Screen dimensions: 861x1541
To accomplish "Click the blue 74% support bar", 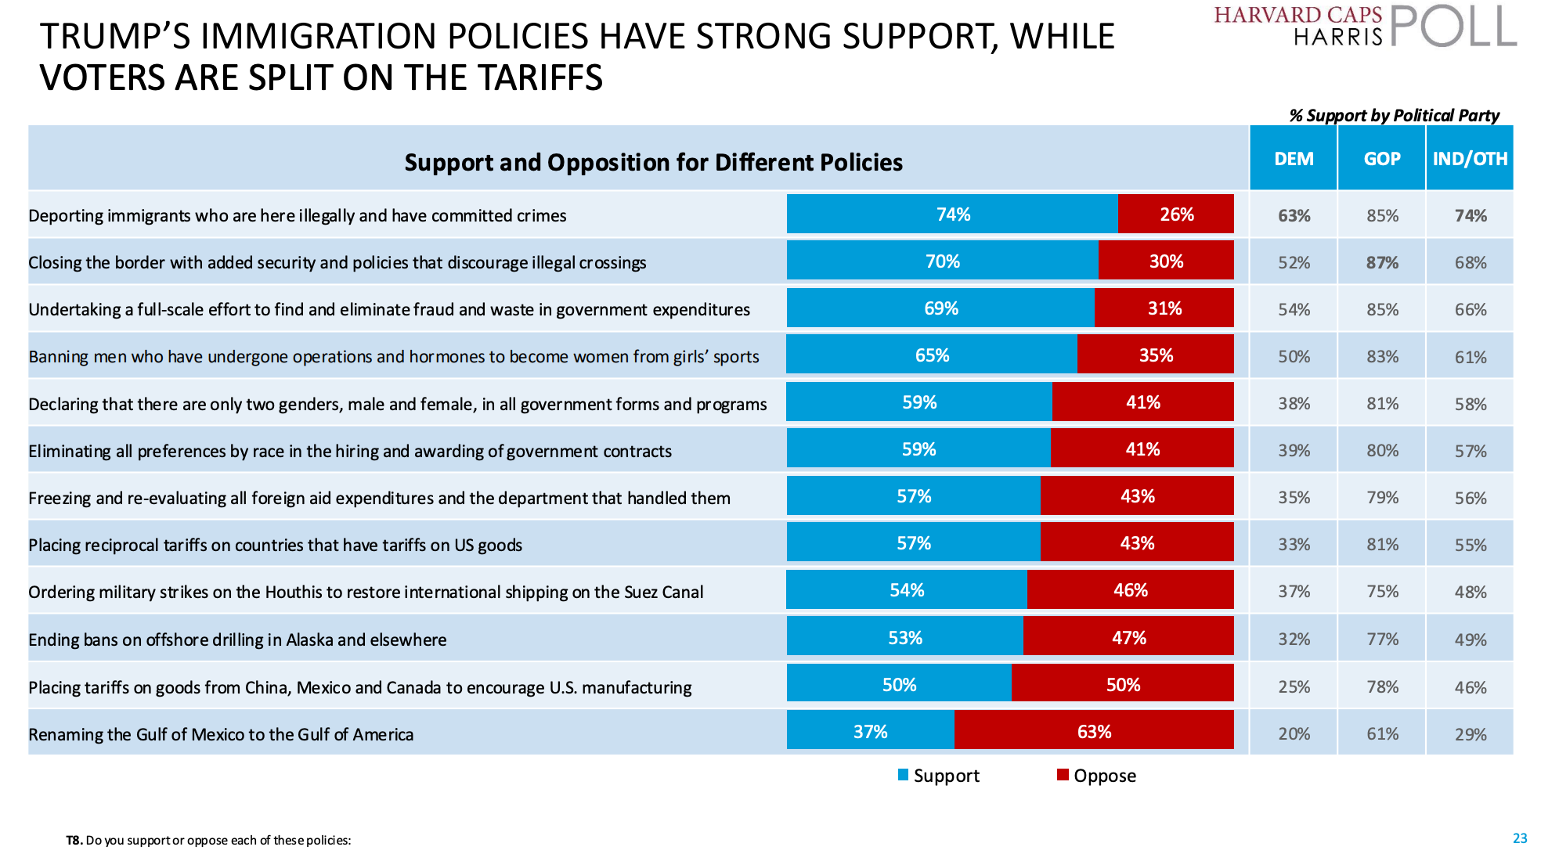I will tap(952, 214).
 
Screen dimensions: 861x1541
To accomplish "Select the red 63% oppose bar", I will tap(1094, 732).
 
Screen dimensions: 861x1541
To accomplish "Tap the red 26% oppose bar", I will tap(1176, 214).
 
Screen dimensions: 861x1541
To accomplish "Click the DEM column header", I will tap(1294, 159).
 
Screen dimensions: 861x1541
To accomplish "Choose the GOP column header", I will tap(1382, 159).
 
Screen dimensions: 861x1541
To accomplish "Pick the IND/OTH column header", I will tap(1470, 159).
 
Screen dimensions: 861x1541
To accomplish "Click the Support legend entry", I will tap(939, 776).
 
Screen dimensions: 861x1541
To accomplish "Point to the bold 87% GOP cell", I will tap(1382, 263).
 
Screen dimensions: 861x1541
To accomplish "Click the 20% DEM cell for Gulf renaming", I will tap(1294, 734).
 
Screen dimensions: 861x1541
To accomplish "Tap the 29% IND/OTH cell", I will tap(1471, 734).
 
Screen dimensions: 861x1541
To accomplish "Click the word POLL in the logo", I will tap(1453, 27).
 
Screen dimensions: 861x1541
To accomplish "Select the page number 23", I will tap(1520, 838).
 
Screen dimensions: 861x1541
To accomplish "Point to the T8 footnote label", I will tap(74, 841).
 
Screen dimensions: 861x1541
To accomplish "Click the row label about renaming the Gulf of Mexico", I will tap(221, 734).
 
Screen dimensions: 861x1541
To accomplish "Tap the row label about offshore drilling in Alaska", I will tap(237, 640).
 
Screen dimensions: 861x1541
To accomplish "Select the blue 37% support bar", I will tap(870, 732).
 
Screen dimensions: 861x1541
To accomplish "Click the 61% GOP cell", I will tap(1382, 734).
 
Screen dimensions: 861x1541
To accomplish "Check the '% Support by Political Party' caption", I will tap(1394, 116).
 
